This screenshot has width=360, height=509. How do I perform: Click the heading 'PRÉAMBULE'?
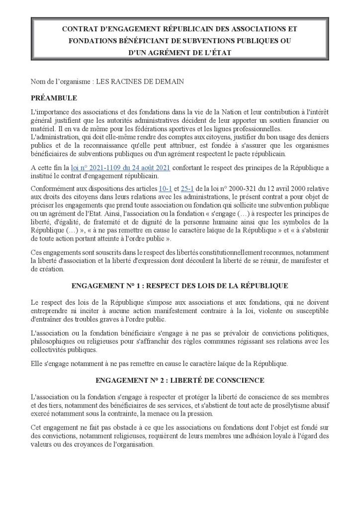54,98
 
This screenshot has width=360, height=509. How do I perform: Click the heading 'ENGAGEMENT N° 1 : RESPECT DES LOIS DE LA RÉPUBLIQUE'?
180,286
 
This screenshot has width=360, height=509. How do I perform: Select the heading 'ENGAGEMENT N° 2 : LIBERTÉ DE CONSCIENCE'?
180,380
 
